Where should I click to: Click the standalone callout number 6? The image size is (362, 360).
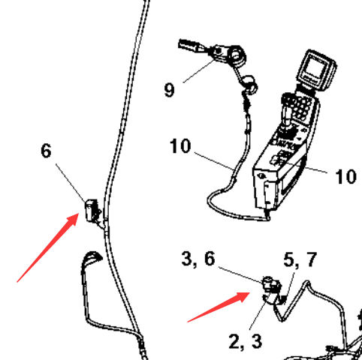tap(46, 151)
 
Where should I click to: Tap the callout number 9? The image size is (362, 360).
tap(170, 90)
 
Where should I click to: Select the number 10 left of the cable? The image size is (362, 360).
tap(180, 146)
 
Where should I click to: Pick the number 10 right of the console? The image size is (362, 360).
tap(345, 176)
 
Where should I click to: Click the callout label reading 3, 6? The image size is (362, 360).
tap(198, 259)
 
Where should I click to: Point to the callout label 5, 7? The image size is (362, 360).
tap(300, 259)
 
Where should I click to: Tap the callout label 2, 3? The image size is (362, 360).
tap(246, 341)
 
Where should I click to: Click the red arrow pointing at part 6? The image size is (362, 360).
tap(48, 247)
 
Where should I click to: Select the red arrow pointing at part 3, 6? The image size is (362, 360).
tap(219, 307)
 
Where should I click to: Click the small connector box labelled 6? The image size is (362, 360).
tap(92, 211)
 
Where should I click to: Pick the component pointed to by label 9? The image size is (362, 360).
tap(220, 52)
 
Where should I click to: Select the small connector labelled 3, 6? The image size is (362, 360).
tap(271, 286)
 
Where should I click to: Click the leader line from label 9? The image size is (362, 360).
tap(199, 71)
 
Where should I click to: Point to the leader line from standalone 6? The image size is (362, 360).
tap(71, 183)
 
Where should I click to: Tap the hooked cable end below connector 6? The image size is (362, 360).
tap(92, 256)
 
